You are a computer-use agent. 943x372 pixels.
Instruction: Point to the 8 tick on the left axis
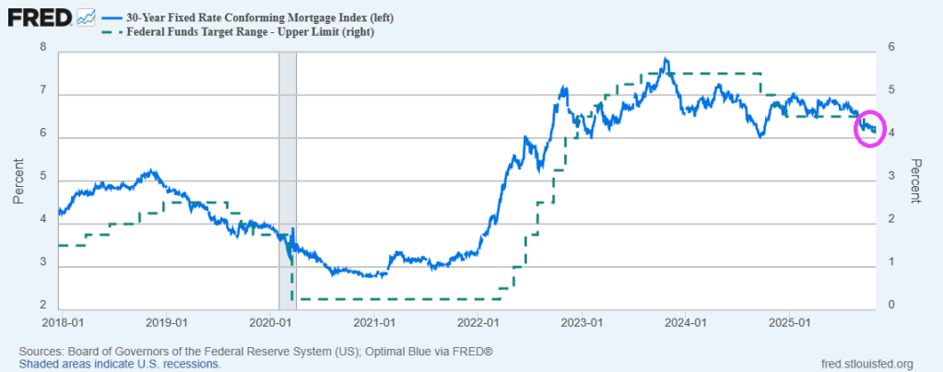43,48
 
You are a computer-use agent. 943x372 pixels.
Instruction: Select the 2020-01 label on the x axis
268,323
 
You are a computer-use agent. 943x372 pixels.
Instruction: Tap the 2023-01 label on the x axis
582,323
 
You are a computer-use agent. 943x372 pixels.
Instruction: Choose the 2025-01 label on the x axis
790,323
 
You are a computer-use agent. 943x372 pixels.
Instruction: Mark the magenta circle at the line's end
868,128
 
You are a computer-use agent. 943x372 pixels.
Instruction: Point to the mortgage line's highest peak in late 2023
666,60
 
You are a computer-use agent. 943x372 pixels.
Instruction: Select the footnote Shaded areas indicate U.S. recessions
120,364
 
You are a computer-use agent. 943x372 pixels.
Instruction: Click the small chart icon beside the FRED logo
87,17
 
